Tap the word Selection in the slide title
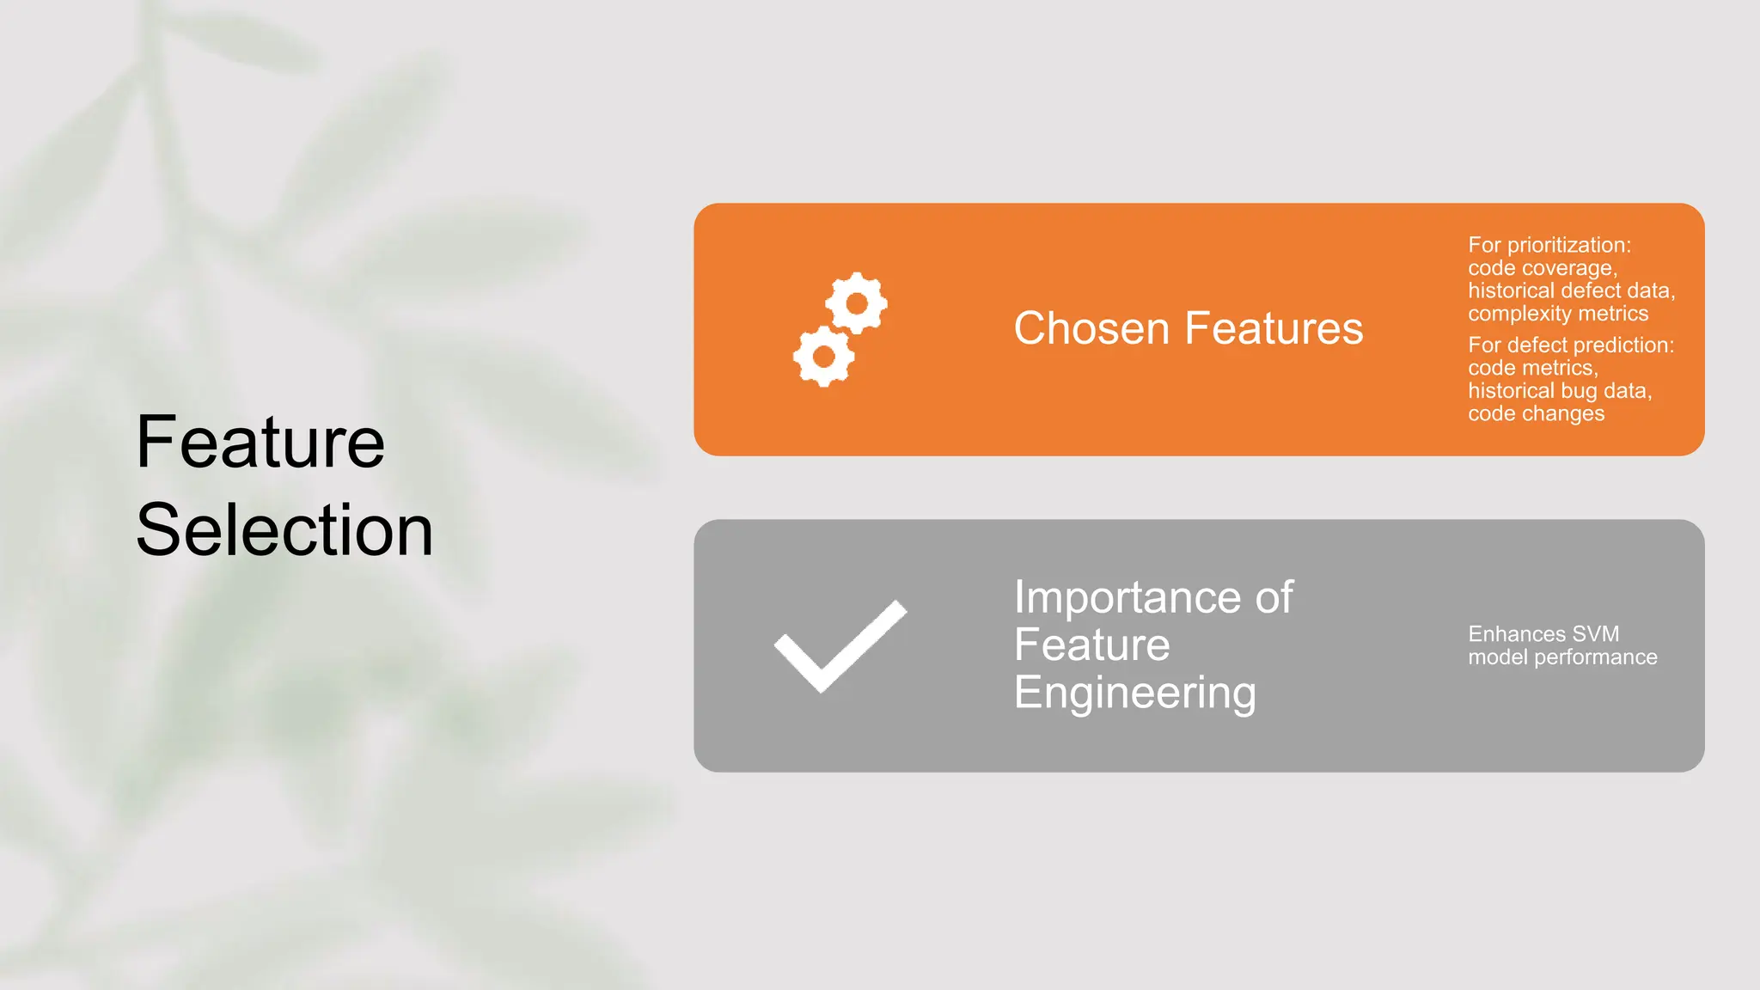click(x=284, y=529)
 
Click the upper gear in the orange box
click(x=857, y=302)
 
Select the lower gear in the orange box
click(x=823, y=356)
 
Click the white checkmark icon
click(x=840, y=646)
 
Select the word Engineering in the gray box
click(x=1134, y=693)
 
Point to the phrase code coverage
click(x=1542, y=268)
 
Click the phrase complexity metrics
click(x=1558, y=314)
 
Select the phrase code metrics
click(x=1532, y=368)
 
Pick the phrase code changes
click(x=1536, y=413)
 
